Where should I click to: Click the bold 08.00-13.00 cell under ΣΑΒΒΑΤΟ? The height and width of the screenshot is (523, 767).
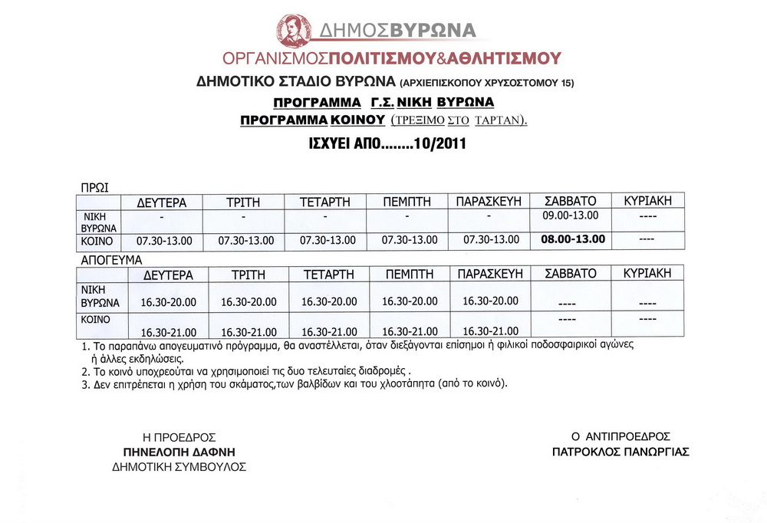573,238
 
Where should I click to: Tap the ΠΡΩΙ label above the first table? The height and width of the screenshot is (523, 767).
95,186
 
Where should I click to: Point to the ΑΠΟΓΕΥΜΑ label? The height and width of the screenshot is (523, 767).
112,260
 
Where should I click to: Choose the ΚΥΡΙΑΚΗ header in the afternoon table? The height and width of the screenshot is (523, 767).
647,273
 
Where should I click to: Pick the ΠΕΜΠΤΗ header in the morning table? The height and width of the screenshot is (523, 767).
407,202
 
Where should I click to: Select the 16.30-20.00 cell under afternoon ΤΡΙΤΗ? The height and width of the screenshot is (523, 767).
248,301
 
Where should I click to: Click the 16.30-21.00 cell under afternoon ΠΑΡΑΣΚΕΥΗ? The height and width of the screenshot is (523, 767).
491,331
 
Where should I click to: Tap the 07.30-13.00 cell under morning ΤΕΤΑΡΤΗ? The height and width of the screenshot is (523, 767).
328,241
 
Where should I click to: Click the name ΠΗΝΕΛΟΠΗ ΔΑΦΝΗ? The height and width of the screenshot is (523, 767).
179,451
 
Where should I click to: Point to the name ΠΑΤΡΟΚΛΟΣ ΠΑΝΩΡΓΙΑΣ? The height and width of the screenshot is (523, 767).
621,452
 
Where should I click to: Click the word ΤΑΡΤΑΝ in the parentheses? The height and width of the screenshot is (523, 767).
499,120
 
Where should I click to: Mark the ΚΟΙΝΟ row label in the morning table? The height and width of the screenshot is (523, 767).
97,240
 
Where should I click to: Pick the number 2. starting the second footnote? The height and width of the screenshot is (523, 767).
85,372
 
